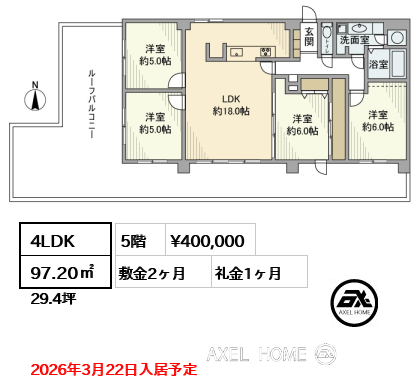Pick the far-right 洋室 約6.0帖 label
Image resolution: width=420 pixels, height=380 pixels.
click(378, 121)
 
